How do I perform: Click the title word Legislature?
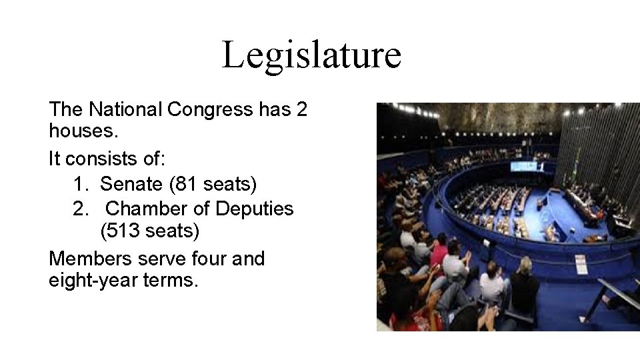pos(311,55)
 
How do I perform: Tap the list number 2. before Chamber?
pos(79,209)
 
